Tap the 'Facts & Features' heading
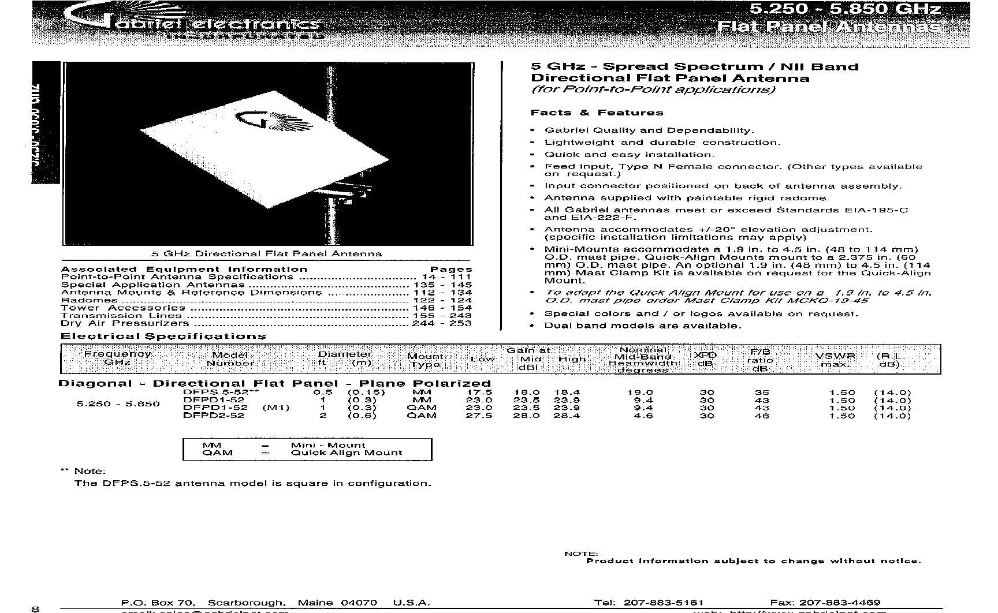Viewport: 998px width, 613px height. [597, 113]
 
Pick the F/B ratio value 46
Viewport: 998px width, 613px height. [762, 416]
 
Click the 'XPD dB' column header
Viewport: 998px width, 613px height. [705, 359]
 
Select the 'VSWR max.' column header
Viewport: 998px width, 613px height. [835, 360]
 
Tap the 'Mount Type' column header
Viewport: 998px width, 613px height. [425, 360]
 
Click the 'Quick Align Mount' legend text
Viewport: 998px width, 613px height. [346, 453]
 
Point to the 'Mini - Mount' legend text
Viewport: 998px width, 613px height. [327, 445]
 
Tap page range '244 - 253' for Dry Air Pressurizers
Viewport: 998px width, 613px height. [442, 323]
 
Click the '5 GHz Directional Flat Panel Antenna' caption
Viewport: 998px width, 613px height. [266, 253]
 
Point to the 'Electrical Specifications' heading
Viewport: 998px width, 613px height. [163, 337]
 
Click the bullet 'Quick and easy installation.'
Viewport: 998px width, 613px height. [630, 155]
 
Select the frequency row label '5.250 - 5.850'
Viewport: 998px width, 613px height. [118, 404]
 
